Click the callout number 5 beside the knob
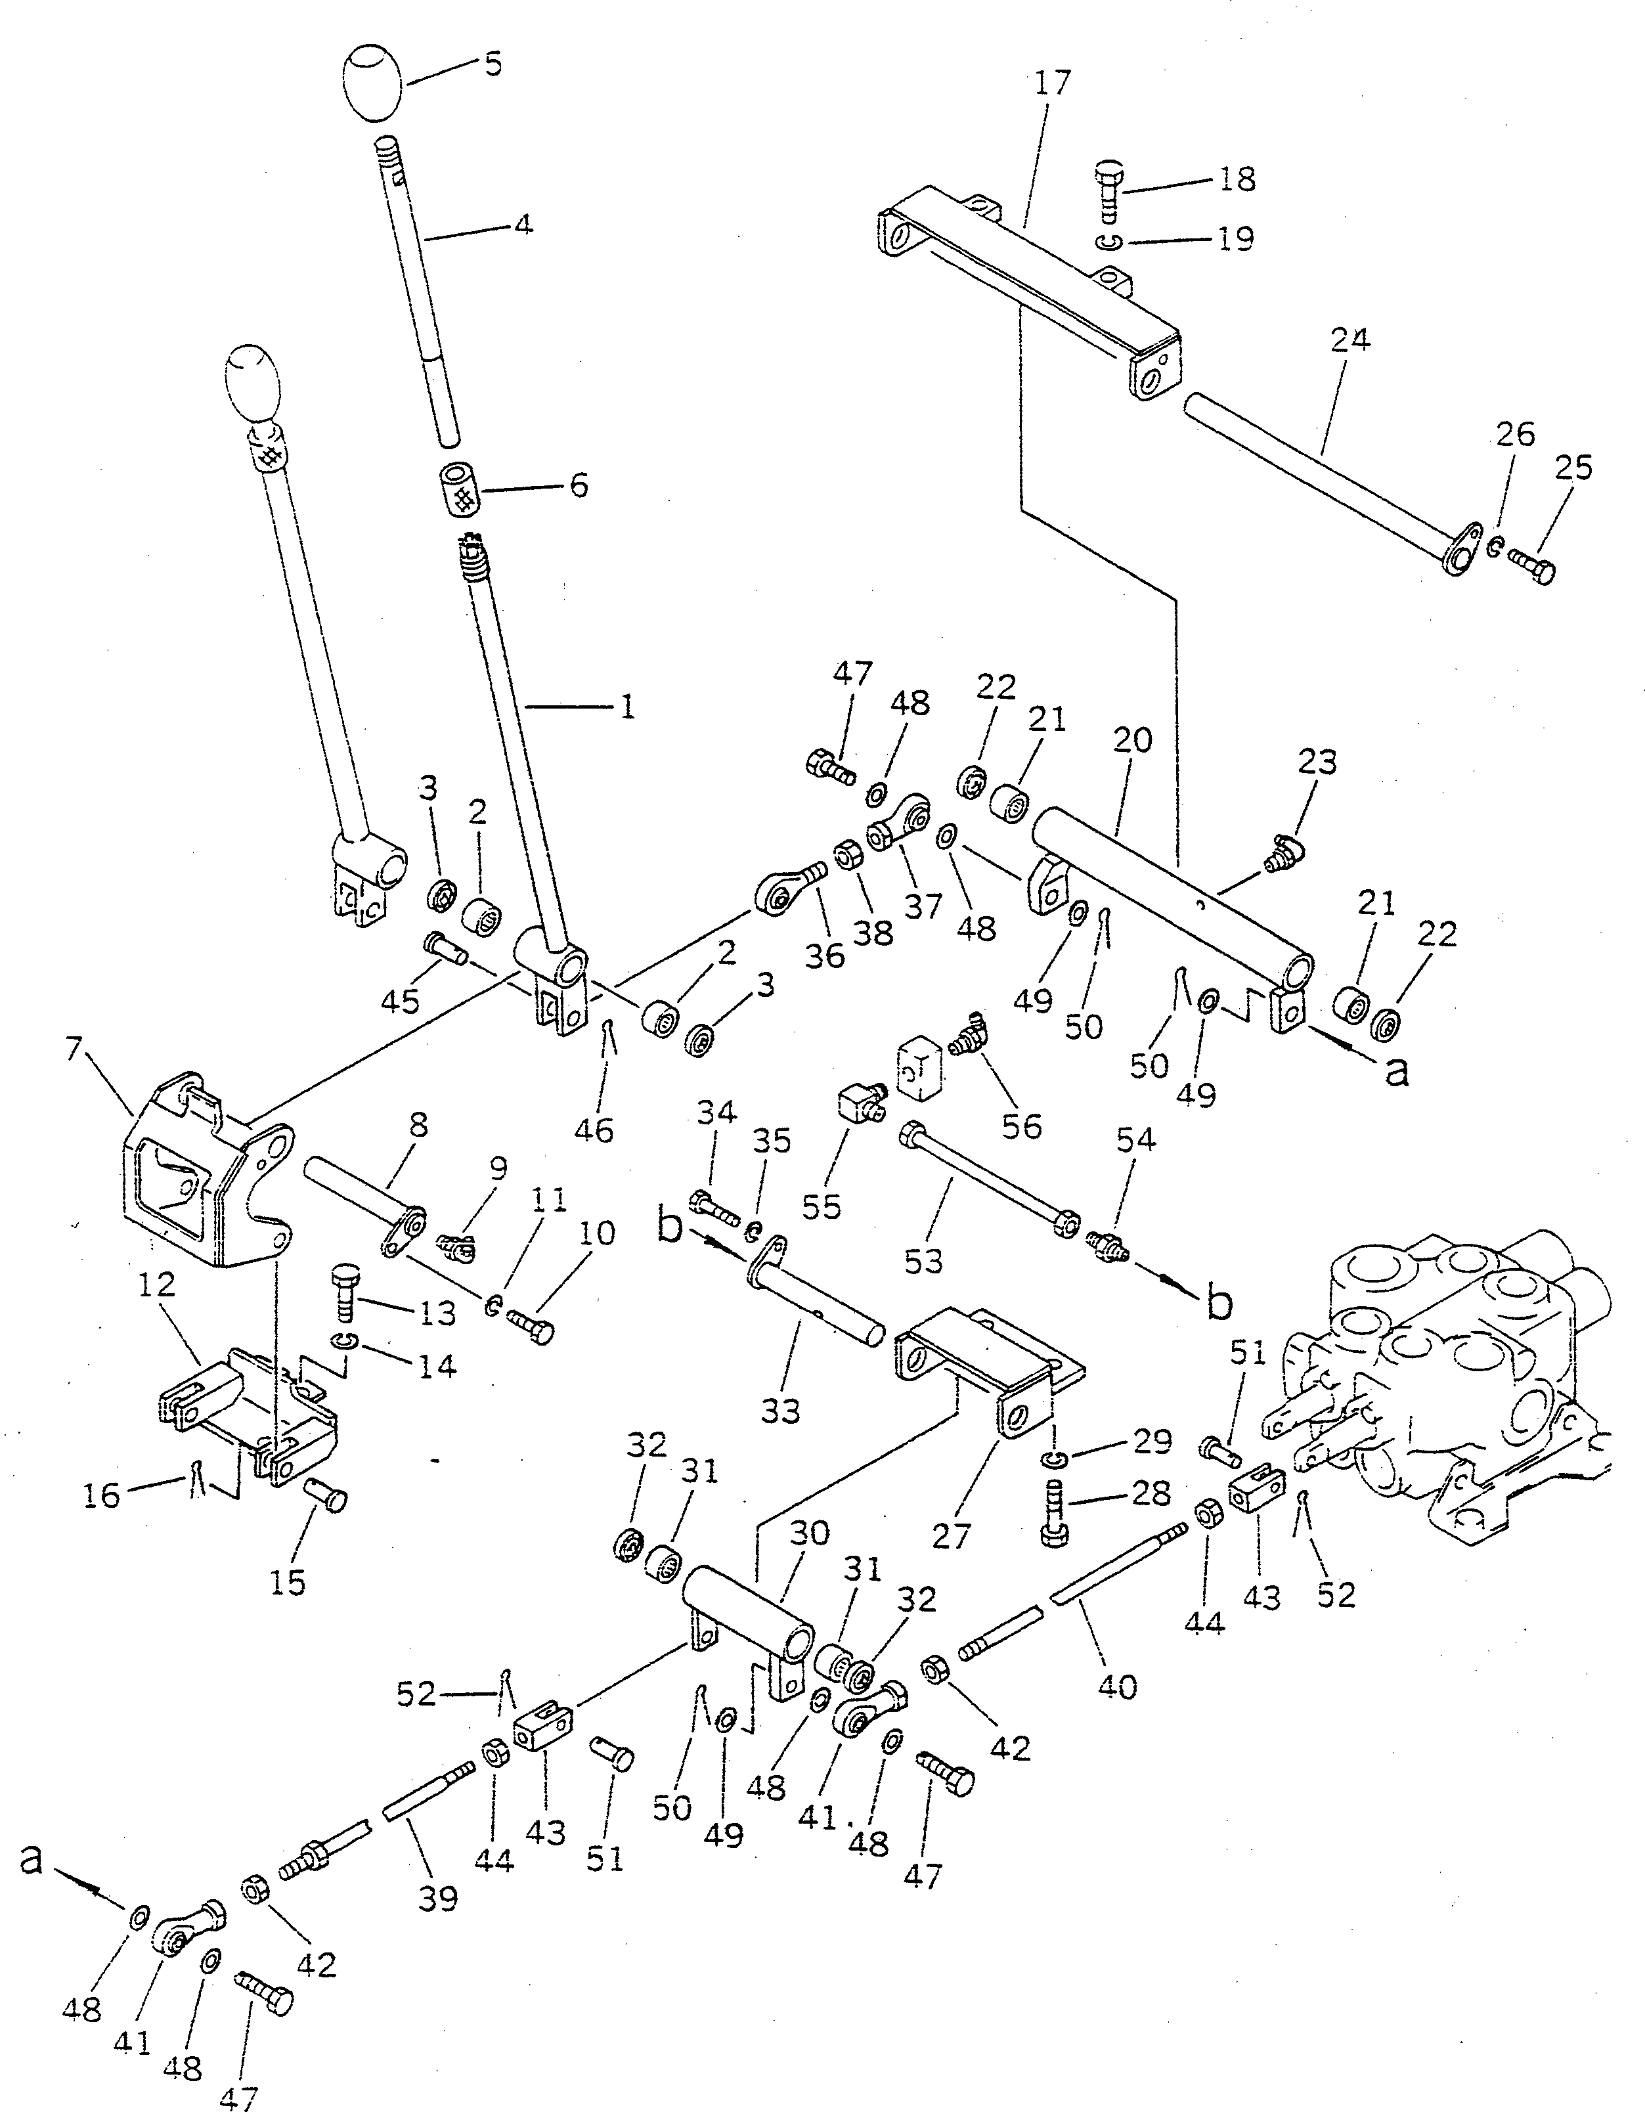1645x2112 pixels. point(493,65)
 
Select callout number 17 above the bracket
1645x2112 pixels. point(1052,83)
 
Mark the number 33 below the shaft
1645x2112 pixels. point(779,1411)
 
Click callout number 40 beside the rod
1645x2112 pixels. point(1118,1686)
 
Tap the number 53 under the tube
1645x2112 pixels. point(923,1260)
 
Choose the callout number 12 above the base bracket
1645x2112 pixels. point(157,1285)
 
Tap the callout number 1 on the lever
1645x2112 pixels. point(626,708)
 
